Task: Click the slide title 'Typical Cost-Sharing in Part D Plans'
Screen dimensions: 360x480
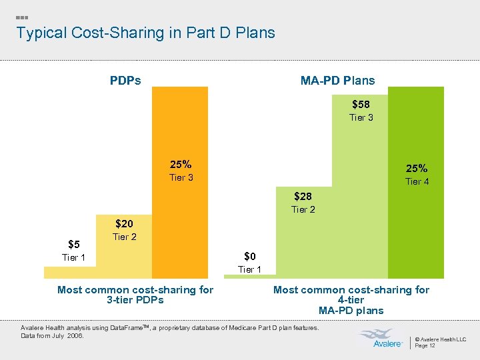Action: (x=145, y=33)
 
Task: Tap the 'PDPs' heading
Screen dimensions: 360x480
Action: (x=125, y=81)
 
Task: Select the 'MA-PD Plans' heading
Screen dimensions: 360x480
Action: (x=337, y=81)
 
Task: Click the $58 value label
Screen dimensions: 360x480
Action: (x=361, y=104)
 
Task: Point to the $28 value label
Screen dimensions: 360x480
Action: (x=303, y=197)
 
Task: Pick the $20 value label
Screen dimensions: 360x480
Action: (x=125, y=224)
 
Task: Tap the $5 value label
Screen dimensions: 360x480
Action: (x=74, y=244)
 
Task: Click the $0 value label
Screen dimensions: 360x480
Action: (x=249, y=256)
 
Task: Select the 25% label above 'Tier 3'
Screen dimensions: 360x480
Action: (x=181, y=164)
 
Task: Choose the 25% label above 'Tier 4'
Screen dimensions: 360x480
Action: (x=417, y=168)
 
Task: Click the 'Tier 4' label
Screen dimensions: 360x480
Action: (x=417, y=181)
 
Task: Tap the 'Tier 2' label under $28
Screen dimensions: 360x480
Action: (x=303, y=210)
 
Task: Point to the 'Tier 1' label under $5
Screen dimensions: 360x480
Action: (x=73, y=257)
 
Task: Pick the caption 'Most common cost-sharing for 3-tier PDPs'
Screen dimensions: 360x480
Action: (x=135, y=295)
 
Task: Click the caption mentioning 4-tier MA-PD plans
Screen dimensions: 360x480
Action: (x=351, y=300)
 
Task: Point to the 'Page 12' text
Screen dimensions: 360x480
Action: (x=425, y=345)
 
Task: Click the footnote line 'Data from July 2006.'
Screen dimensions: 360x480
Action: (x=53, y=335)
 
